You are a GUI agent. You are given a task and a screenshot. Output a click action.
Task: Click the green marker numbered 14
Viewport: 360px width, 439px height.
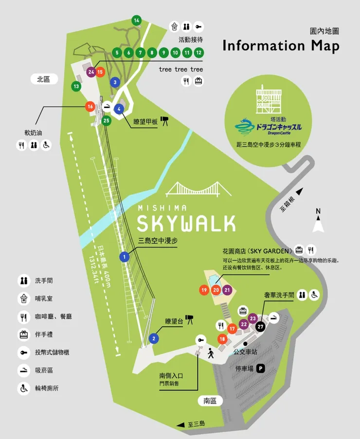136,20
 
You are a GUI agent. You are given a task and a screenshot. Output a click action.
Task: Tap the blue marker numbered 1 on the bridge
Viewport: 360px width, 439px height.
125,256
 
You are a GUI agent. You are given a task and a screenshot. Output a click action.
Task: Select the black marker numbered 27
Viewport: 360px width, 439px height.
261,327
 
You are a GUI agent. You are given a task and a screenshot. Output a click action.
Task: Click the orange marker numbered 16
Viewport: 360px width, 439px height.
90,106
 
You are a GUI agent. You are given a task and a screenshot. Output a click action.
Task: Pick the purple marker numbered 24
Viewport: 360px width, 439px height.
91,72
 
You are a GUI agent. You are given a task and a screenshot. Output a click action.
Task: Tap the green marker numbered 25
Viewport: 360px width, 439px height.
107,120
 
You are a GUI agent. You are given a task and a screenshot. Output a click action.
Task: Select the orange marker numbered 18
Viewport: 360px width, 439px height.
222,339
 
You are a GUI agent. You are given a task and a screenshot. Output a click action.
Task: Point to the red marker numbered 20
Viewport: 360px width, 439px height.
216,290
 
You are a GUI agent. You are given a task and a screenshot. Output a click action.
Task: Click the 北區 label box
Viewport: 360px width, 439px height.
44,79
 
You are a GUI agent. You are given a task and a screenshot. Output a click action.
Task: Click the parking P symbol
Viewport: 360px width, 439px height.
261,368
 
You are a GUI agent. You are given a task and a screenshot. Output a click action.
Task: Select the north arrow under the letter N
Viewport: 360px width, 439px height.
318,225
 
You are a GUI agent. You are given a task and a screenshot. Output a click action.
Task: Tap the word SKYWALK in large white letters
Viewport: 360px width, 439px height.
186,223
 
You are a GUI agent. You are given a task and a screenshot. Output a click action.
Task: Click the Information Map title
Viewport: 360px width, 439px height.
281,45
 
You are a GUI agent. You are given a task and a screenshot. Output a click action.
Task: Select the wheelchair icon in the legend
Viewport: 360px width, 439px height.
24,388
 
